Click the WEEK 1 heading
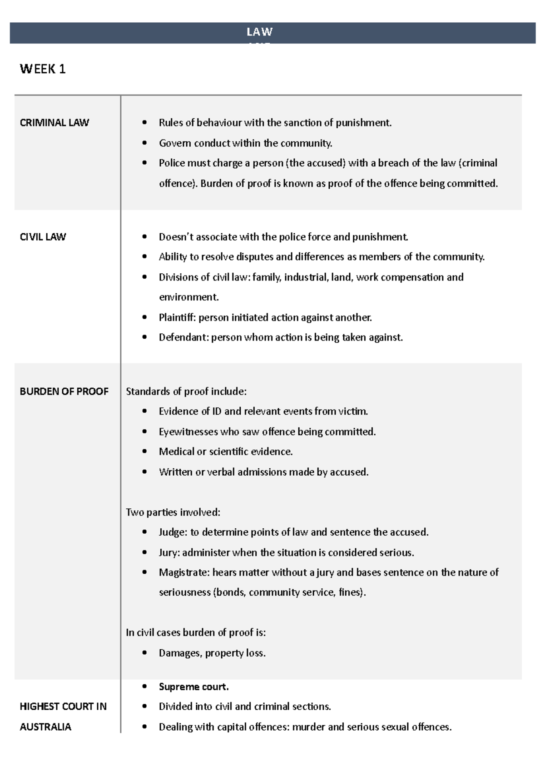tap(43, 69)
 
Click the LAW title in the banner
tap(259, 32)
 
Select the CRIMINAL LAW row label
tap(54, 123)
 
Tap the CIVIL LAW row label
tap(43, 237)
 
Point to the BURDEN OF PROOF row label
tap(64, 391)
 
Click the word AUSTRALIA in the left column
tap(45, 727)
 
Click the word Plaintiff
tap(177, 317)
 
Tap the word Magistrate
tap(183, 572)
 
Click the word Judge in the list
tap(172, 532)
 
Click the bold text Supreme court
tap(193, 687)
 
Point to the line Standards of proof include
tap(186, 391)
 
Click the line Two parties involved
tap(173, 512)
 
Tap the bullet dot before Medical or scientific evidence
tap(144, 451)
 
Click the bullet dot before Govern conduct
tap(144, 143)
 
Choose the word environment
tap(188, 297)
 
